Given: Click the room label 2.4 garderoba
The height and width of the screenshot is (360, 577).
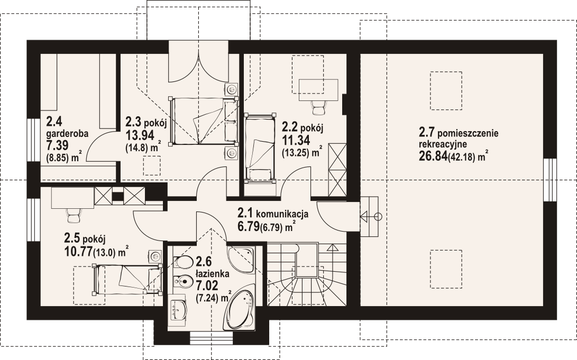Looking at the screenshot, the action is (x=67, y=127).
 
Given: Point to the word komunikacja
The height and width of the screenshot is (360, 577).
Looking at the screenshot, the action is (x=282, y=214).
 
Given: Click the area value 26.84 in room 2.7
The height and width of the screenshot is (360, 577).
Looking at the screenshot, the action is (x=433, y=156).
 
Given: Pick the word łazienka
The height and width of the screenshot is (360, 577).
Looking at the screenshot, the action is (x=213, y=274).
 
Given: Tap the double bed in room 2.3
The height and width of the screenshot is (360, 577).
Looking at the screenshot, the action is (x=203, y=121).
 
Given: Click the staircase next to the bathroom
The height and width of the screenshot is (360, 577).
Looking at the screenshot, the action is (x=307, y=274).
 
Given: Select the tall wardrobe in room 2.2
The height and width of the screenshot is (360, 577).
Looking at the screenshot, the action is (x=338, y=170).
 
